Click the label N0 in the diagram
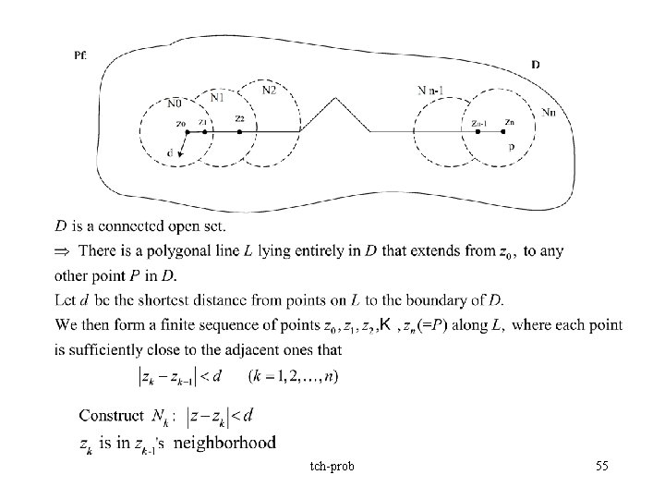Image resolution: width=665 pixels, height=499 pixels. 173,102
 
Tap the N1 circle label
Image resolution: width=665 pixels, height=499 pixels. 217,95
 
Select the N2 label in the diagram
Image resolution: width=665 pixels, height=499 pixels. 269,90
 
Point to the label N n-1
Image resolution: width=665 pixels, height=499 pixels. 432,90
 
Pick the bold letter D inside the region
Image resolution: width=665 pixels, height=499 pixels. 538,64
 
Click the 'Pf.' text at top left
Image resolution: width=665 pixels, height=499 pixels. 80,55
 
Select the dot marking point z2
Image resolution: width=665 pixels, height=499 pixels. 239,131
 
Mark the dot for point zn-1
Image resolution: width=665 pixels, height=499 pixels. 478,131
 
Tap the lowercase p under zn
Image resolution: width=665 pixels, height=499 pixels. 511,147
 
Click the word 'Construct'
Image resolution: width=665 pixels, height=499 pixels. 113,416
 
